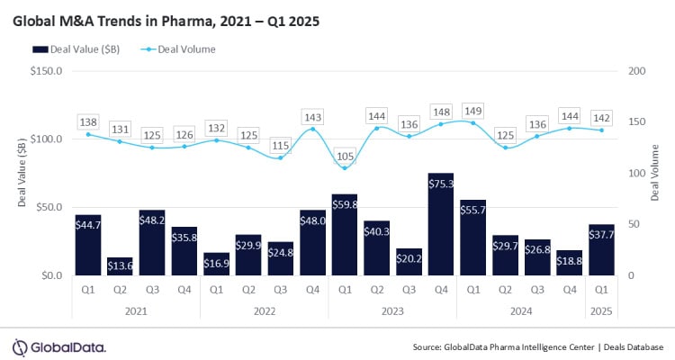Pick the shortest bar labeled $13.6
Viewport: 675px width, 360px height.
(120, 265)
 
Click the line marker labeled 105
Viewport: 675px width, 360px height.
(344, 167)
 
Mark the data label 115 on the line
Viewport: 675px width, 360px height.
(280, 145)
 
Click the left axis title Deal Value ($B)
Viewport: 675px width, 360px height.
(21, 174)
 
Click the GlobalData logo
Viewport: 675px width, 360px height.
(59, 346)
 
